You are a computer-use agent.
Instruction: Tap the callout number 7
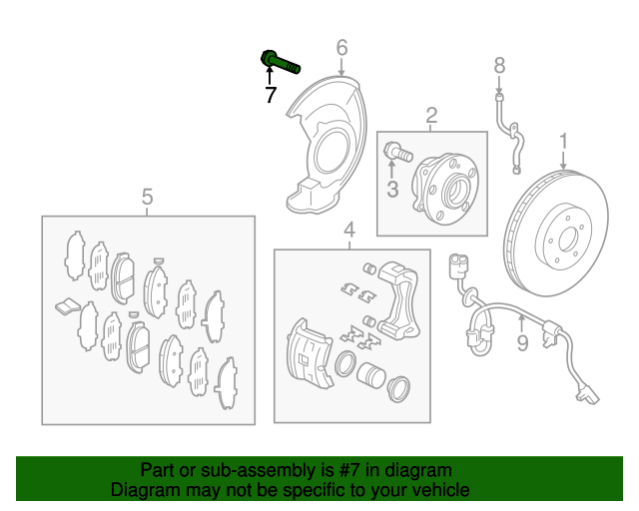click(x=270, y=96)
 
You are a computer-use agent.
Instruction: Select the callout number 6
click(x=341, y=47)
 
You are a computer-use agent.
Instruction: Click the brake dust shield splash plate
click(x=325, y=150)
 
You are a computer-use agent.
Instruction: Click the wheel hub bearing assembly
click(x=448, y=185)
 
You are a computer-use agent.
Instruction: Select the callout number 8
click(x=500, y=67)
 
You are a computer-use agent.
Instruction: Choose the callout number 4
click(x=349, y=233)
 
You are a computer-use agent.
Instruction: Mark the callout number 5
click(x=147, y=197)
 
